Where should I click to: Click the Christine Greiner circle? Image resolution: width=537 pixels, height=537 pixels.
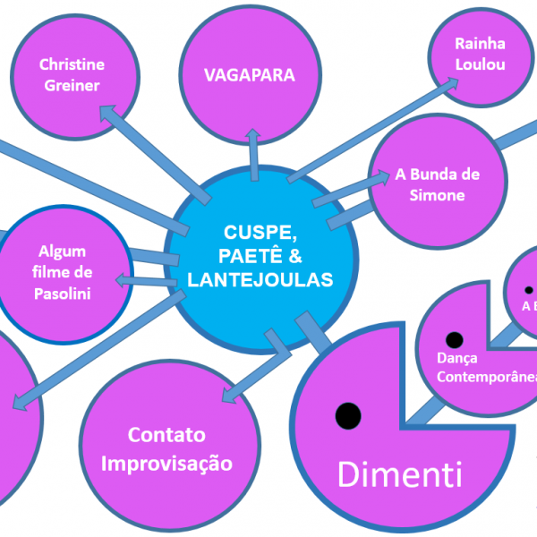click(x=72, y=76)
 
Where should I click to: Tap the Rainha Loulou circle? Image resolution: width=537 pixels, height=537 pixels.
click(x=480, y=54)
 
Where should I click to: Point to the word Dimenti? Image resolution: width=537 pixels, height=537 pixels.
click(x=399, y=473)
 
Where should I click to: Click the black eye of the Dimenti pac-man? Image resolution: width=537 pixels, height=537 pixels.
click(x=347, y=414)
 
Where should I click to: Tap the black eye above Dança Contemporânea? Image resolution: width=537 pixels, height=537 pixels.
click(x=454, y=340)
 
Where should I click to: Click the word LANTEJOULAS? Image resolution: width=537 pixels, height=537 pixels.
click(x=260, y=280)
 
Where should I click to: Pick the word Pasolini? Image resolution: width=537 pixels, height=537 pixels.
click(x=63, y=293)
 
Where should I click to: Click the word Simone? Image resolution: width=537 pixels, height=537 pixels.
click(x=438, y=195)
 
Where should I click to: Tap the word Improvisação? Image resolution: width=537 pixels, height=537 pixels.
click(x=166, y=464)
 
